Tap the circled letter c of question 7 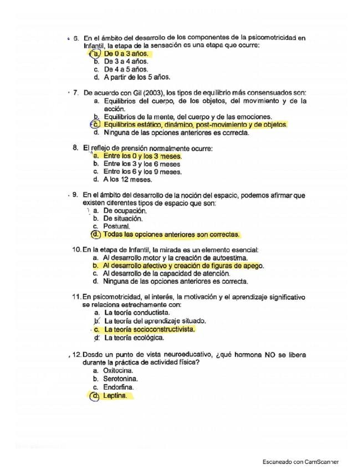(95, 125)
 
